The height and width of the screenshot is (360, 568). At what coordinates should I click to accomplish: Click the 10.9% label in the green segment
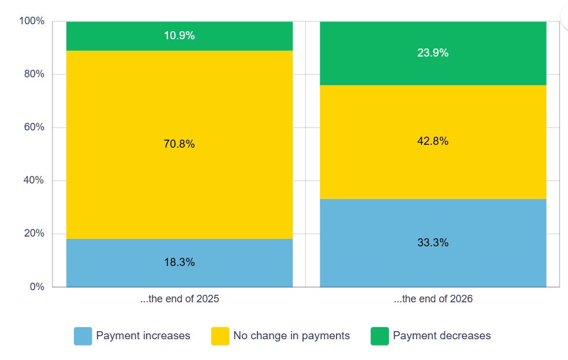point(179,36)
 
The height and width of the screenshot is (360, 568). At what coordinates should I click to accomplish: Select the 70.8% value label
point(179,144)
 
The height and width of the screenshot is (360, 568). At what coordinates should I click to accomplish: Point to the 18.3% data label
point(179,262)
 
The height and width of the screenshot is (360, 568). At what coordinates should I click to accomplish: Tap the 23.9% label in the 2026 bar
point(433,53)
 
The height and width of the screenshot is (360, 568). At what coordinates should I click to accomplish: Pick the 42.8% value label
point(433,141)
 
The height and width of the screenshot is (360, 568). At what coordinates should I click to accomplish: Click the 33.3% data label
point(433,243)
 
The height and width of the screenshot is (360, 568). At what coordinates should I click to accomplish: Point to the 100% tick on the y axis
point(32,21)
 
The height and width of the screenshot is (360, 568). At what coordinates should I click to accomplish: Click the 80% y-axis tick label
point(34,74)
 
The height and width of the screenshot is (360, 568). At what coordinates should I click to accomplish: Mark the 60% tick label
point(34,127)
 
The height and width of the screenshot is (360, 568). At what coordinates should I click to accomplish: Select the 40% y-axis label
point(34,181)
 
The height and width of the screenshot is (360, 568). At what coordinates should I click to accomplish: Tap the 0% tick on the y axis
point(36,287)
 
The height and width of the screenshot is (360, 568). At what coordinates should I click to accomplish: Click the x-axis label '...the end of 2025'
point(180,299)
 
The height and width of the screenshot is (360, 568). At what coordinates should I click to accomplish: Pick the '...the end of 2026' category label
point(433,299)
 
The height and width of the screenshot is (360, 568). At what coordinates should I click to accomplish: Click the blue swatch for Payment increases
point(83,336)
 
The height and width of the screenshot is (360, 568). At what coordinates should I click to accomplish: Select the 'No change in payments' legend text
point(292,336)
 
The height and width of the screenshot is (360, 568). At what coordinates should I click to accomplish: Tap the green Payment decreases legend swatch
point(380,336)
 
